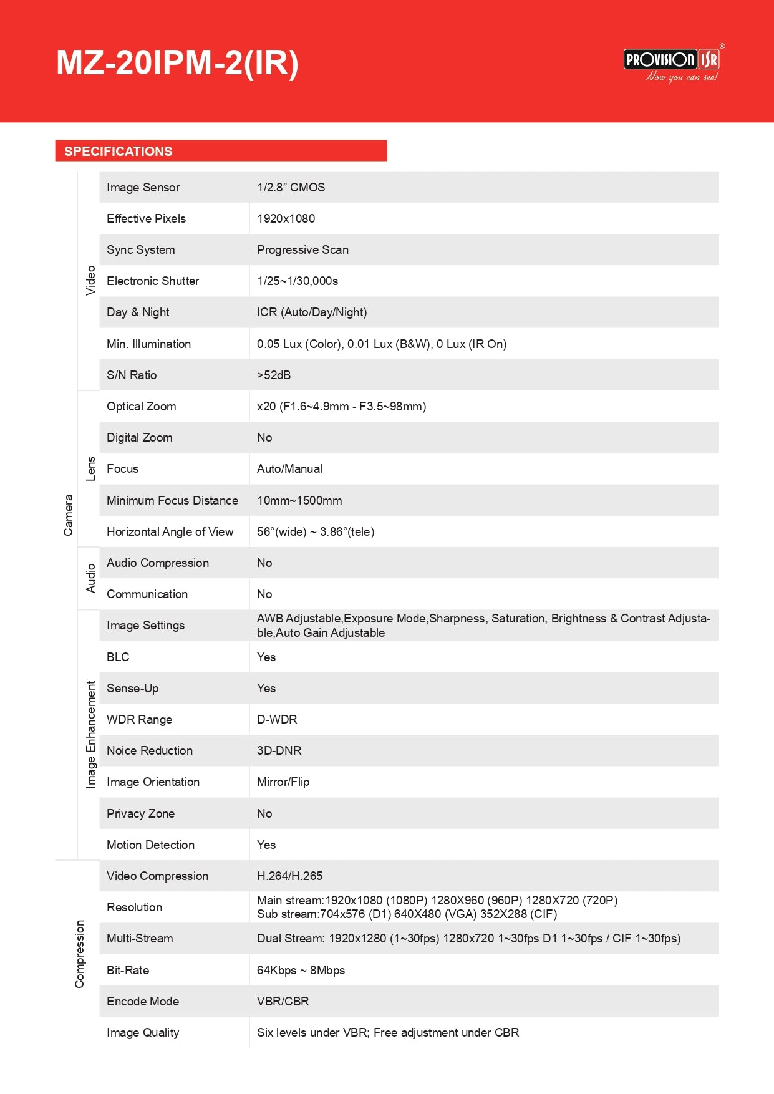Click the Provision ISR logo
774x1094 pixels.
tap(672, 62)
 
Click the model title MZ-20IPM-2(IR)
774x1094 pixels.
tap(177, 63)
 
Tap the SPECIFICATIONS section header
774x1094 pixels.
tap(119, 152)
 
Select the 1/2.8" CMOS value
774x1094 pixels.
tap(291, 187)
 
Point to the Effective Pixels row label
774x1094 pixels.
tap(146, 218)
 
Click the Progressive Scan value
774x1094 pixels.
tap(302, 249)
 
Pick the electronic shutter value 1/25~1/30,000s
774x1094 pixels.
tap(298, 281)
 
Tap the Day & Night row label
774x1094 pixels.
tap(138, 312)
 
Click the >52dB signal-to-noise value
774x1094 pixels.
tap(274, 375)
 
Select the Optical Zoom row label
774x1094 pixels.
tap(141, 406)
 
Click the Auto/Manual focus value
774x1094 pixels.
tap(289, 468)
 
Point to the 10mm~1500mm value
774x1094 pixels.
tap(299, 500)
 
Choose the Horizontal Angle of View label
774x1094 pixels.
tap(170, 531)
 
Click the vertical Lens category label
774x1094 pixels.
tap(91, 468)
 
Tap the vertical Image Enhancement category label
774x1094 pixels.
tap(91, 734)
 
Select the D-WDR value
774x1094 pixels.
tap(277, 719)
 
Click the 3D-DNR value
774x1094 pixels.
tap(279, 750)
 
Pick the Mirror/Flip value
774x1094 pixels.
tap(283, 782)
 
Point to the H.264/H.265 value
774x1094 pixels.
tap(289, 876)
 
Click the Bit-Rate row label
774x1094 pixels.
tap(128, 970)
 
